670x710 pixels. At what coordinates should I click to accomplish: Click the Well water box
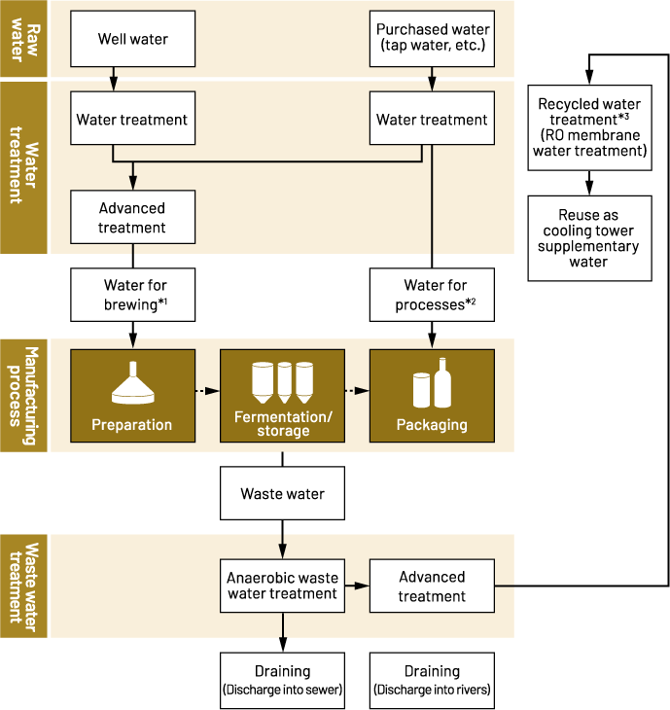pos(132,39)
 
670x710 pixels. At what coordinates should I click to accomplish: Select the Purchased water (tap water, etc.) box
pos(433,39)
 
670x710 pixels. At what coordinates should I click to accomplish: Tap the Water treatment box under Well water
pos(132,120)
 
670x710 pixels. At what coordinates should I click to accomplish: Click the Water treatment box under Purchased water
pos(432,120)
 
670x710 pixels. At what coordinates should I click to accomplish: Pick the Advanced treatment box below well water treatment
pos(132,218)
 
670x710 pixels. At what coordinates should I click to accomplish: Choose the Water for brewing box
pos(132,296)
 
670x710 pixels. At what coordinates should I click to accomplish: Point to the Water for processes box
pos(432,296)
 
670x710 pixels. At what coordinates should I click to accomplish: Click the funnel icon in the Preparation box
pos(131,383)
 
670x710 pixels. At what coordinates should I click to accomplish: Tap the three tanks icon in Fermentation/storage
pos(283,382)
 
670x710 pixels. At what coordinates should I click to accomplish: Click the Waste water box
pos(283,493)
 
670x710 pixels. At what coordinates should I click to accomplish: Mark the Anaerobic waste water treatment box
pos(282,586)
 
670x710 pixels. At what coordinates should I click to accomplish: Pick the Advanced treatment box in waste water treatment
pos(432,586)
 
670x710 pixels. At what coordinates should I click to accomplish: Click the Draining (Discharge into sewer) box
pos(282,680)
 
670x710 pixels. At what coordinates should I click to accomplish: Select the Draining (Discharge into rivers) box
pos(432,680)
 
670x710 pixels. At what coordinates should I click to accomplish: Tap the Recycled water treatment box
pos(589,126)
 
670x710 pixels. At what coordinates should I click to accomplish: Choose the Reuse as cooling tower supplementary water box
pos(589,238)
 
